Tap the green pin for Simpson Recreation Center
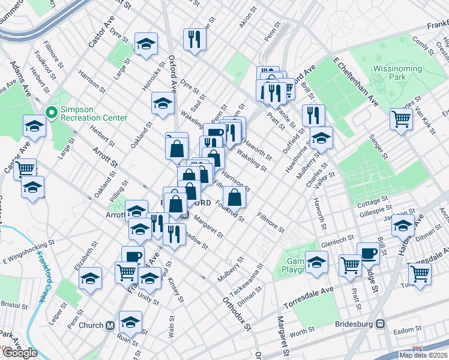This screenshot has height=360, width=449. click(52, 113)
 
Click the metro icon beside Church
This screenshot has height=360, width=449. click(110, 326)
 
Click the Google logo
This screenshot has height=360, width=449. click(20, 353)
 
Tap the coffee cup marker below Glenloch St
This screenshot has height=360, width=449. click(368, 253)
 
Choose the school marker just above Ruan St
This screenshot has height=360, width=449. click(130, 322)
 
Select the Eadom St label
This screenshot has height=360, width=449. click(409, 330)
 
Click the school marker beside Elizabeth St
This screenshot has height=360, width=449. click(91, 278)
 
